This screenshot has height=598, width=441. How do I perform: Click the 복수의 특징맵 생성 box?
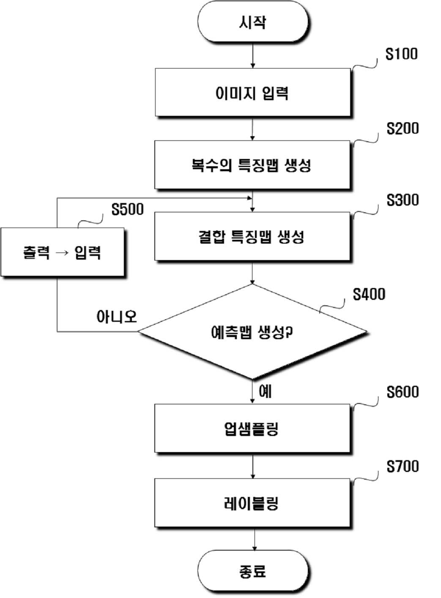pos(252,165)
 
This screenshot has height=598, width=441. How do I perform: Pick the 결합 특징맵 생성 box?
pos(252,236)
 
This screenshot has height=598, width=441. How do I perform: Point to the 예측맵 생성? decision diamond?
pos(252,332)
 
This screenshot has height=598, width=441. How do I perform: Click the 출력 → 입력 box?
pos(63,252)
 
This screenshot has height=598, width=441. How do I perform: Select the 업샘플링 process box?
pos(252,429)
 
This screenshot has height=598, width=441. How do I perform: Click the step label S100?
pos(402,54)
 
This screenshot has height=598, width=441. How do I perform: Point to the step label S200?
pos(403,129)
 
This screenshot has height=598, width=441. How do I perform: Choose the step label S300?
pos(403,200)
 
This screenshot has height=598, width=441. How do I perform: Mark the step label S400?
pos(369,294)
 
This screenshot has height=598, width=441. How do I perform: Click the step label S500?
pos(128,209)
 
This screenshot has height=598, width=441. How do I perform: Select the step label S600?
pos(403,392)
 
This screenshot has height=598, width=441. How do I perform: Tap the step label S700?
pos(403,466)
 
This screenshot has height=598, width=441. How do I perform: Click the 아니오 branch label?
pos(117,317)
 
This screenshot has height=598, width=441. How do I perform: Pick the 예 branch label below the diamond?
pos(265,392)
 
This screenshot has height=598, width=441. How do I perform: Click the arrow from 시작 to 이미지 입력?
pos(252,55)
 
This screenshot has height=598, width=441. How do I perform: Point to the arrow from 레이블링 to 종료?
pos(254,539)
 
